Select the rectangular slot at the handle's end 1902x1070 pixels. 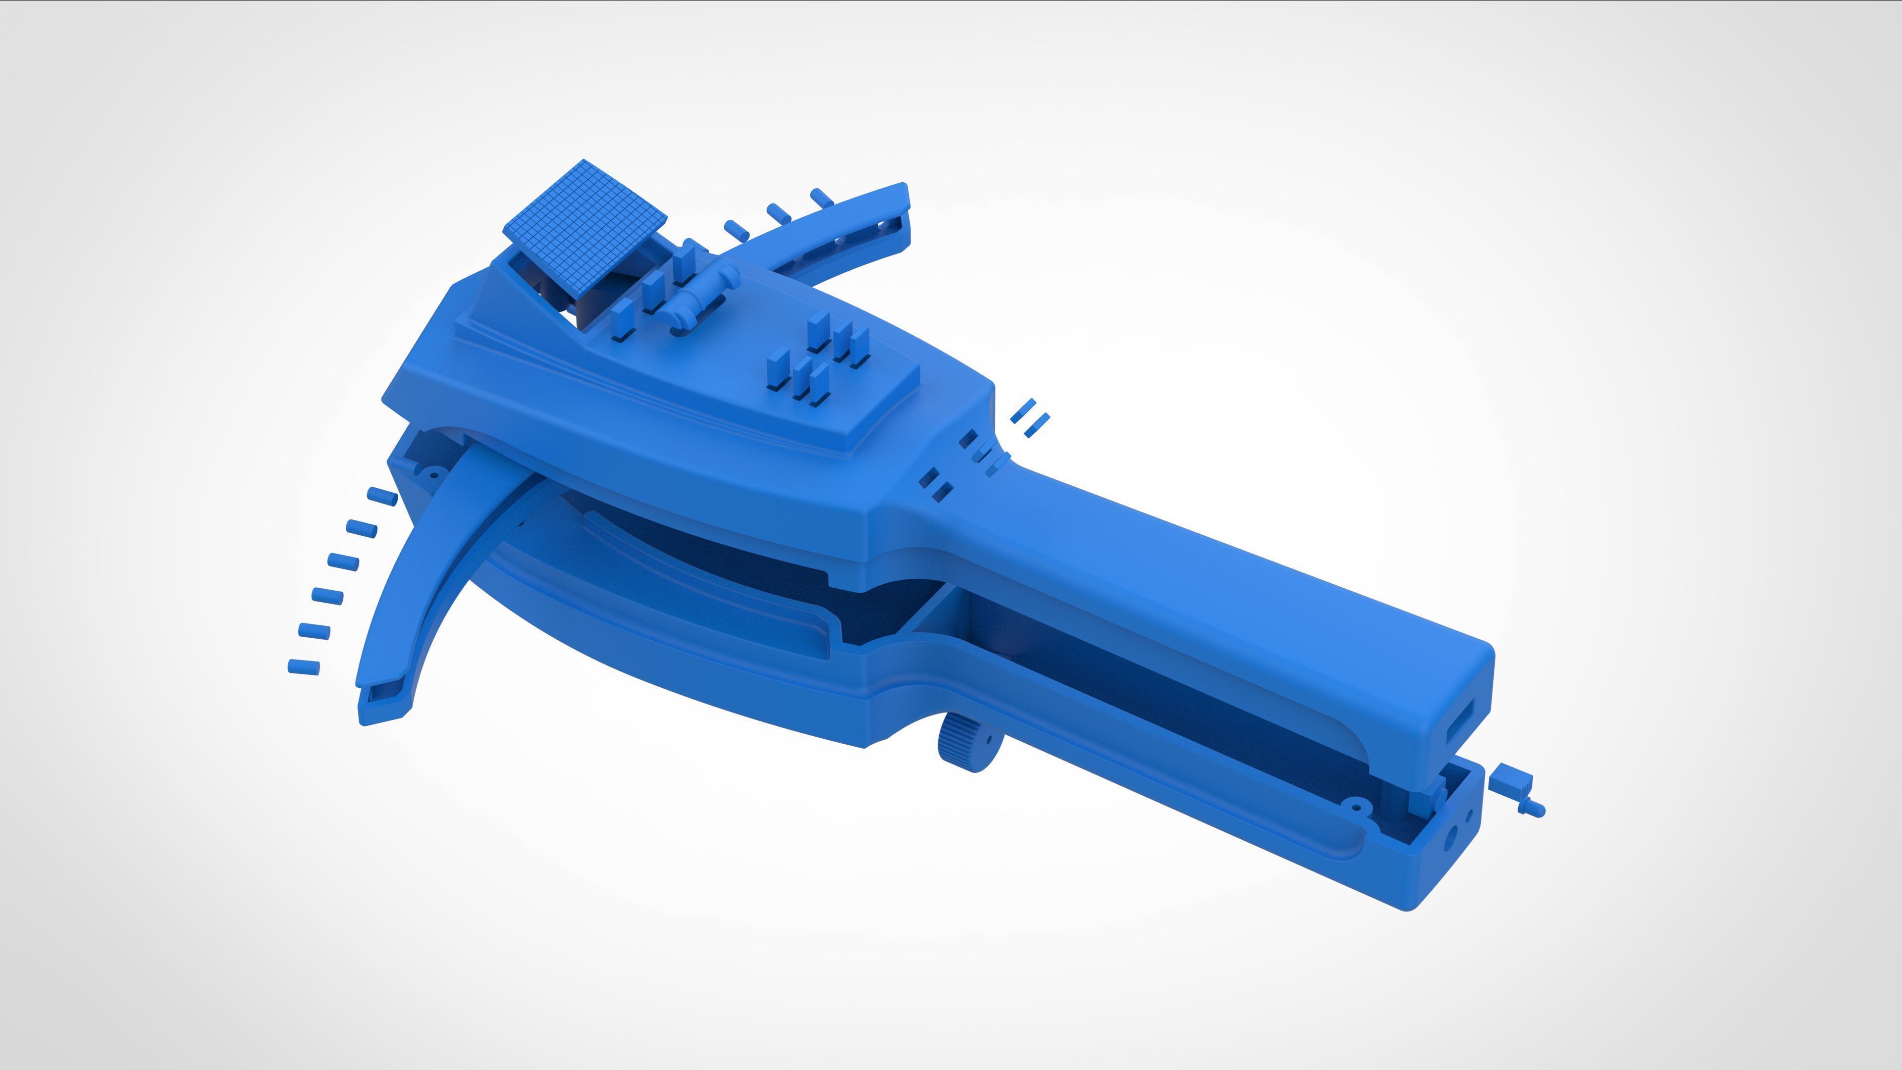point(1461,722)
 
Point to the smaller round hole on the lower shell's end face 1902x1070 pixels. point(1469,815)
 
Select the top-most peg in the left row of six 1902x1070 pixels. point(382,496)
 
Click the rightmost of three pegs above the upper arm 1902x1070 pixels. point(822,198)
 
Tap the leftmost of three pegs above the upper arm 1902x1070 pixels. point(736,230)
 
